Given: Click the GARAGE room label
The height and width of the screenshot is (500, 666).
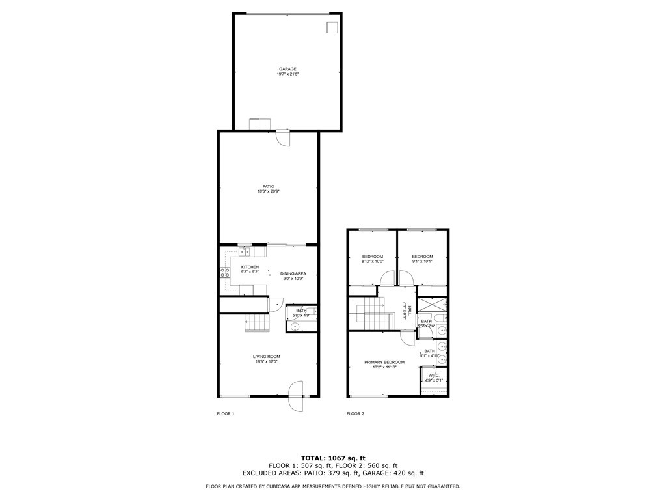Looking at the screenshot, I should point(287,69).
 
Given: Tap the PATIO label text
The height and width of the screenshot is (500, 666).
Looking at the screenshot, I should point(268,186).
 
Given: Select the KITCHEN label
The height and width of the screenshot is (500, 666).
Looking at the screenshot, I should point(250,267).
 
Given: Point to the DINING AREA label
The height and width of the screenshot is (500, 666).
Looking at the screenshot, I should point(293,273).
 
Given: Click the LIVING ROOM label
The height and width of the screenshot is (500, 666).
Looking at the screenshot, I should point(267,356).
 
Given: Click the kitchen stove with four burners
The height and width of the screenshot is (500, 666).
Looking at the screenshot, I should point(225,274).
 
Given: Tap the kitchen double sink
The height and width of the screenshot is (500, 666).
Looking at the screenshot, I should point(245,251).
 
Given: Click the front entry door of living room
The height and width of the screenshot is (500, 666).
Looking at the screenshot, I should point(296,395).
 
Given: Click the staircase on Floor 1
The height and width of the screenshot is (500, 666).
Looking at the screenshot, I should point(256,322).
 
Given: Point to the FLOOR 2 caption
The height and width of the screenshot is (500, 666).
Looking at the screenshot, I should point(355,414).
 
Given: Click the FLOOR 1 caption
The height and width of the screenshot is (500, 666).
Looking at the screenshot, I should point(225,414).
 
